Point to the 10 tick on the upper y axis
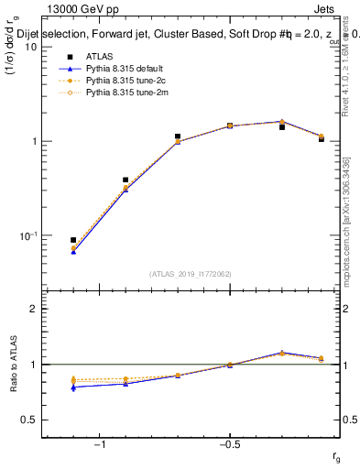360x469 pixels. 30,47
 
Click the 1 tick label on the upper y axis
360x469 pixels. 34,141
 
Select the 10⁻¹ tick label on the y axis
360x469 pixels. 28,235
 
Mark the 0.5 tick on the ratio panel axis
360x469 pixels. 29,420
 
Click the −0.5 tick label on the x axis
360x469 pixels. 229,445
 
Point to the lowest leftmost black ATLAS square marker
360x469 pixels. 73,240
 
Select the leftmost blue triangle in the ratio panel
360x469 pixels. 73,387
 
